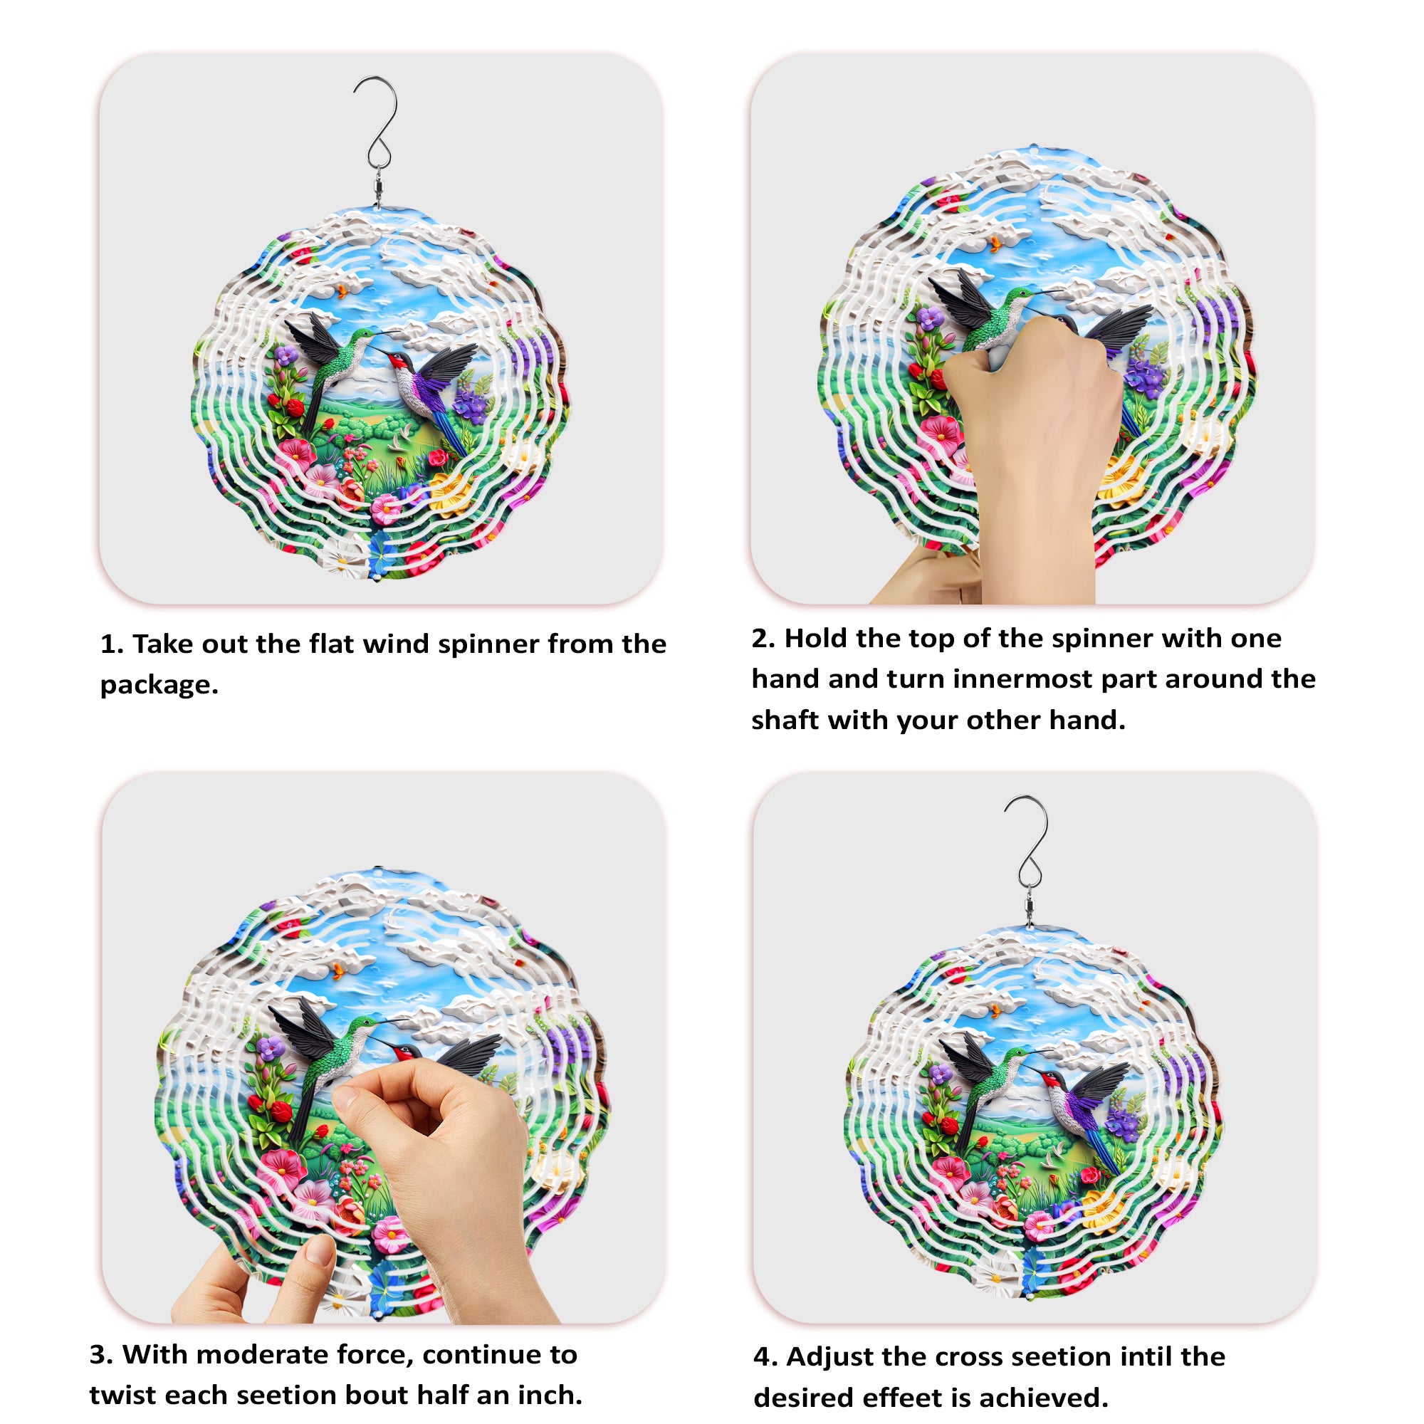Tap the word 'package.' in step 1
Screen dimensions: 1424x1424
click(x=159, y=686)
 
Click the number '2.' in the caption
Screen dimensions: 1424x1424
click(x=763, y=638)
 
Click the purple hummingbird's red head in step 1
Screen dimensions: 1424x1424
click(x=398, y=361)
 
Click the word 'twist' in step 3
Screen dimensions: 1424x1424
click(x=122, y=1395)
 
